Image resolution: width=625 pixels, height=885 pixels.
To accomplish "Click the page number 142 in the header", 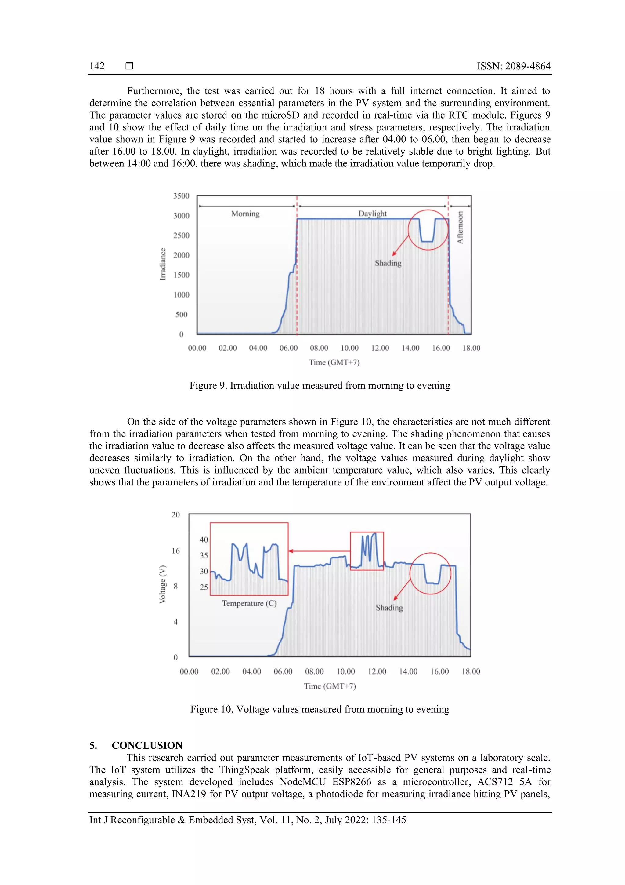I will point(97,66).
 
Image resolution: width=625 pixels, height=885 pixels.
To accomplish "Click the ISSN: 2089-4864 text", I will point(513,66).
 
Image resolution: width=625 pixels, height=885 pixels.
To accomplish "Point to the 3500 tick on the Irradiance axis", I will point(181,196).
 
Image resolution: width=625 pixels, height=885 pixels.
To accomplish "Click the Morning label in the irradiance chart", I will point(245,214).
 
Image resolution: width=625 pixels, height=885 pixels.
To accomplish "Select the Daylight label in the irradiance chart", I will point(372,214).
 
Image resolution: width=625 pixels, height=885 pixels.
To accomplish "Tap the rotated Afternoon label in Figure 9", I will point(460,227).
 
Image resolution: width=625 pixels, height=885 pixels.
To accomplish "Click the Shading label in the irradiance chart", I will point(388,263).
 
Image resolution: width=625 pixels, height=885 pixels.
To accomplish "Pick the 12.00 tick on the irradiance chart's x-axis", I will point(380,348).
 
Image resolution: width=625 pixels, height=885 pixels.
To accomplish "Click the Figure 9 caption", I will point(320,386).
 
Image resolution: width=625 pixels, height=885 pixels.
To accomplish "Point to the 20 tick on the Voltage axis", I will point(175,514).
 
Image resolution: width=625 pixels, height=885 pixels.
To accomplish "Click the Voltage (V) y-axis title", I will point(163,584).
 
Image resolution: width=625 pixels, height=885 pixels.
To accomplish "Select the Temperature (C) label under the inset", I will point(249,603).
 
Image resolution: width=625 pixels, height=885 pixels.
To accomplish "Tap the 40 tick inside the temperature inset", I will point(204,539).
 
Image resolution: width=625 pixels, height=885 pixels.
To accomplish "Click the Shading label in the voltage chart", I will point(389,608).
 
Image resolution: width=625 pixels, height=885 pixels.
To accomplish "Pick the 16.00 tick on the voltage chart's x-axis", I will point(439,671).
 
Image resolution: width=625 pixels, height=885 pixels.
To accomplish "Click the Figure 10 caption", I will point(320,709).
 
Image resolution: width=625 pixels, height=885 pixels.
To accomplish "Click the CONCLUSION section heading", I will point(147,745).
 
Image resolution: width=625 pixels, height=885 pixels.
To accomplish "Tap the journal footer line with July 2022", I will point(247,820).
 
